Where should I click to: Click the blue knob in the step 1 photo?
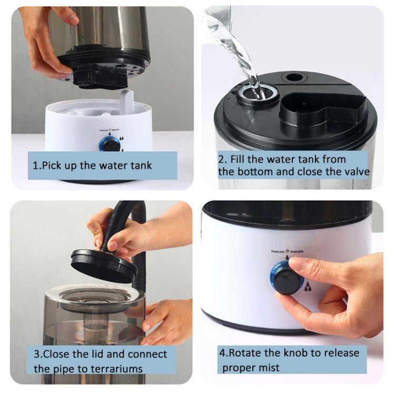pyautogui.click(x=110, y=143)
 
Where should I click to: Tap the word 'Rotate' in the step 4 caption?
pyautogui.click(x=252, y=352)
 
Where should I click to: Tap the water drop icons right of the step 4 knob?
pyautogui.click(x=307, y=287)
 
